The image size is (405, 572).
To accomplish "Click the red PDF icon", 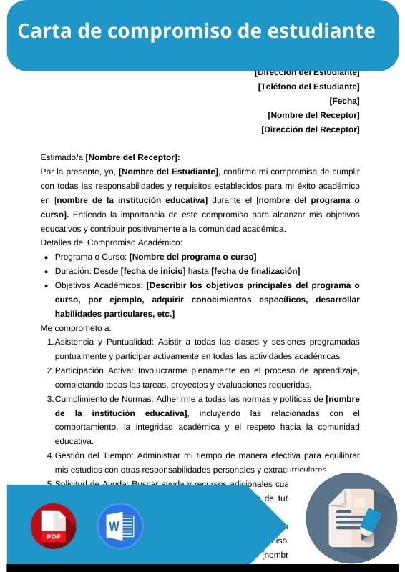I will point(53,526).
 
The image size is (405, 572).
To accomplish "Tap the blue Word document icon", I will point(119,526).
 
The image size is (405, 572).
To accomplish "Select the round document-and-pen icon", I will point(351,518).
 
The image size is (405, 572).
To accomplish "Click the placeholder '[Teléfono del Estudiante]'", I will point(308,87).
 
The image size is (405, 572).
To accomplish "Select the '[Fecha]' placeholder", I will point(344,101).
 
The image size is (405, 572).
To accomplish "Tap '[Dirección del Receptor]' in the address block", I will point(311,129).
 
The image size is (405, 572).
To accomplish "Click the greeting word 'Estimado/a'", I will point(62,158).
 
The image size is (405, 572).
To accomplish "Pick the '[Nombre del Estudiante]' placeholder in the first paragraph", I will point(169,172).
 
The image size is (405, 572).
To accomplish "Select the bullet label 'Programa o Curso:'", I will point(90,257).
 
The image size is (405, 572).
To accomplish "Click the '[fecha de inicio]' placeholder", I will point(153,271).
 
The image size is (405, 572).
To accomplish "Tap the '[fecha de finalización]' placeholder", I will point(255,271).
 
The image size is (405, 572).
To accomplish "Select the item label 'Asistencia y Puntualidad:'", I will point(104,342).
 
